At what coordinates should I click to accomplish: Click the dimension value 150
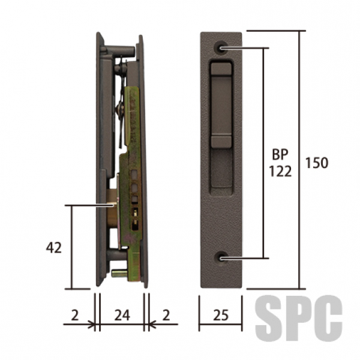pos(317,163)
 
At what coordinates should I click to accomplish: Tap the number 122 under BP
pos(280,171)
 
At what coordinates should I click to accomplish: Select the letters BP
pos(280,155)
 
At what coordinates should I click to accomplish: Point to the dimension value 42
pos(54,247)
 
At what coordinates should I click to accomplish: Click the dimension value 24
pos(122,315)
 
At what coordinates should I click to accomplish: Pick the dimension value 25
pos(221,315)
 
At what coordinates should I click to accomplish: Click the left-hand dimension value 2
pos(75,315)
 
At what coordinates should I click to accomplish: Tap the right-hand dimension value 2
pos(166,315)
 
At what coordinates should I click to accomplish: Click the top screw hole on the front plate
pos(221,48)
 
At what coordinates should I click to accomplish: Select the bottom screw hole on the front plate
pos(222,259)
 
